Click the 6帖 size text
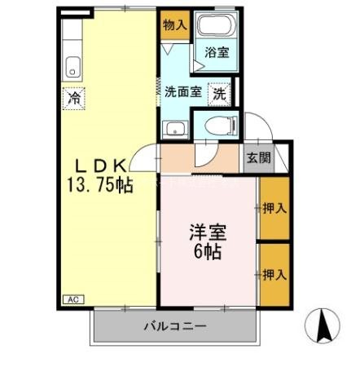(x=209, y=250)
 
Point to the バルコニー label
(x=175, y=327)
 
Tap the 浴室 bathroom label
(x=216, y=53)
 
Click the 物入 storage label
(x=173, y=24)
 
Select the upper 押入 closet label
(x=274, y=208)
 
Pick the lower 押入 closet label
(x=274, y=274)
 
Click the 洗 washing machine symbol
(x=220, y=93)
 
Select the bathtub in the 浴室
(x=215, y=27)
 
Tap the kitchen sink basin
(x=72, y=66)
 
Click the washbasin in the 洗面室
(x=173, y=127)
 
